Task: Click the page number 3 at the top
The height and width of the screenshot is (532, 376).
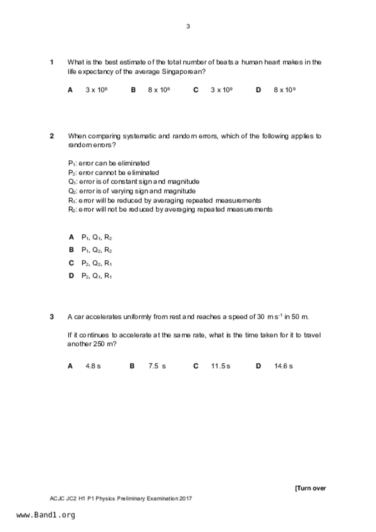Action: point(188,26)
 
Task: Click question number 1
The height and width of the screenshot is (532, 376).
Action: point(52,62)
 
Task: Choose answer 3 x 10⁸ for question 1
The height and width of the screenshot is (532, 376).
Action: point(96,90)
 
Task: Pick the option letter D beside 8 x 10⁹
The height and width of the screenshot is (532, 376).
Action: point(258,90)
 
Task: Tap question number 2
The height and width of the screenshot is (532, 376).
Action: point(52,136)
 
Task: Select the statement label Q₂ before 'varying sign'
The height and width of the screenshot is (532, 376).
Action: point(72,191)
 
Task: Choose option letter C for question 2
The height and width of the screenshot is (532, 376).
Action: point(71,263)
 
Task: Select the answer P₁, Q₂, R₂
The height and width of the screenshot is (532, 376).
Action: point(97,250)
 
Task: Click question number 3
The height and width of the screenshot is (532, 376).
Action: point(52,317)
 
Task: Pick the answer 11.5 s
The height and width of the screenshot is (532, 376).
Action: point(221,366)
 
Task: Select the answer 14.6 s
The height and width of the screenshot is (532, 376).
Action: point(283,366)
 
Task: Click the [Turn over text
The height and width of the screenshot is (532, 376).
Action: point(310,488)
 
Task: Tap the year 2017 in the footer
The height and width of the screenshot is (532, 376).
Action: point(185,498)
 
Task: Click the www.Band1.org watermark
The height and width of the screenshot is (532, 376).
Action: point(46,515)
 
